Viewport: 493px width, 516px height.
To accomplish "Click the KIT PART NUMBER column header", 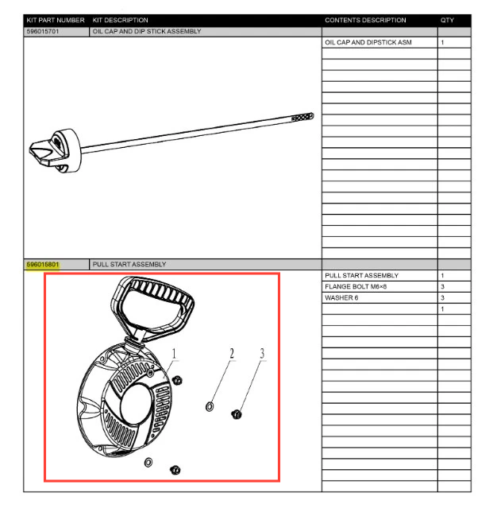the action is point(56,21).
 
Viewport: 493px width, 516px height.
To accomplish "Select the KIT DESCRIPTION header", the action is point(121,21).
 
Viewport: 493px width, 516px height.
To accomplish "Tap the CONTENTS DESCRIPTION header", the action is point(365,21).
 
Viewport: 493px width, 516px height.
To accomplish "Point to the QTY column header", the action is point(447,21).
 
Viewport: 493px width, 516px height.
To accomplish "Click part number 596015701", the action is point(43,32).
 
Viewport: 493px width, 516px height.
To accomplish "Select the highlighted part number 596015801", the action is point(43,265).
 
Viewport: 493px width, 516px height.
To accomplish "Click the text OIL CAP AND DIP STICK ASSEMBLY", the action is point(147,32).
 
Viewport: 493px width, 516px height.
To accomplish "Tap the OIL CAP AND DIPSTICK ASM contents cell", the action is point(368,42).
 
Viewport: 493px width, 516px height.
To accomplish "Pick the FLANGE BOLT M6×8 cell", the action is point(356,287).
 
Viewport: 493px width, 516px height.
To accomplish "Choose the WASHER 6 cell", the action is point(341,298).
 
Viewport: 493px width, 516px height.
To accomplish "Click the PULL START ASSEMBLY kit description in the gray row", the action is point(129,265).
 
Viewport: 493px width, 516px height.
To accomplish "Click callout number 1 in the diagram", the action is point(174,354).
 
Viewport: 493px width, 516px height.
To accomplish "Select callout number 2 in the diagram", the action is point(232,354).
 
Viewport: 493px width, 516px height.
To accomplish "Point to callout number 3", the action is point(262,354).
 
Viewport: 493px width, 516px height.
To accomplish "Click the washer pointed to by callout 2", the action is point(210,407).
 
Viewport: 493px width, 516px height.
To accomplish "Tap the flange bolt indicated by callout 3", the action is point(237,415).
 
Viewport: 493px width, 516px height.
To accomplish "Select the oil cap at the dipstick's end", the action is point(56,151).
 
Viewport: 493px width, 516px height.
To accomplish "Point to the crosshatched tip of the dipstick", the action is point(302,117).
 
